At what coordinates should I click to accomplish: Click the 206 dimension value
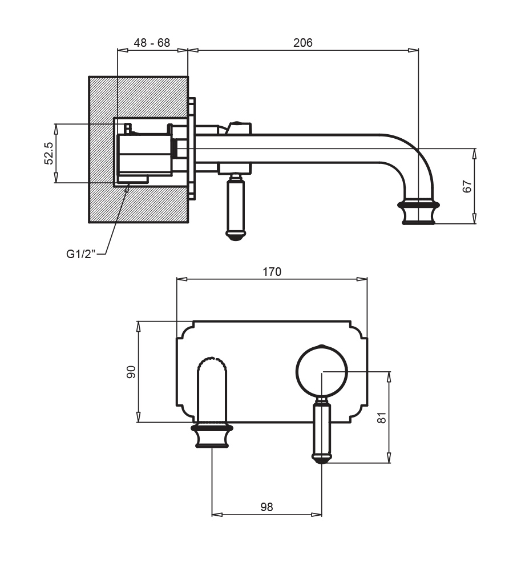point(302,43)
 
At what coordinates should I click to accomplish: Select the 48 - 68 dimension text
point(152,43)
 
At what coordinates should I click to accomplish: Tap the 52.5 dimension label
point(49,153)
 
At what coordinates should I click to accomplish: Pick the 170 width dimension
point(272,272)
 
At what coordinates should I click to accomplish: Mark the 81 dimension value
point(382,418)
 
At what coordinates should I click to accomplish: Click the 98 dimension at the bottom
point(266,507)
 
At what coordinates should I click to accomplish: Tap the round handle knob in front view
point(321,371)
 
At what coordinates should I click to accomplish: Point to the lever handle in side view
point(235,208)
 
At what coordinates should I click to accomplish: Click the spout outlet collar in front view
point(212,436)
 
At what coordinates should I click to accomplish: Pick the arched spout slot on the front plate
point(212,388)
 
